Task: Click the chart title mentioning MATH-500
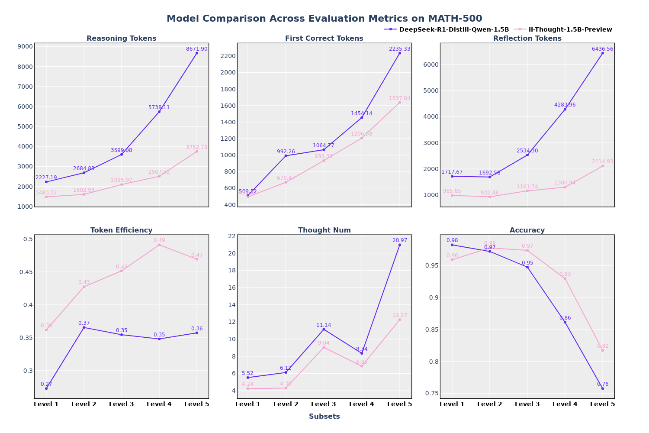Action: tap(324, 19)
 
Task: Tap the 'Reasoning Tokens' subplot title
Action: tap(121, 39)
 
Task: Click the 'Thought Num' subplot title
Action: tap(324, 230)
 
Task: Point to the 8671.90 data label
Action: tap(196, 49)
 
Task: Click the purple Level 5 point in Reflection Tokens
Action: tap(602, 53)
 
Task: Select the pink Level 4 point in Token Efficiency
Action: tap(159, 245)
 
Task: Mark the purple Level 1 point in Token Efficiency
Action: tap(46, 388)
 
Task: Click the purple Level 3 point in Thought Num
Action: tap(324, 330)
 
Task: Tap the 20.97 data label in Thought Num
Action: tap(399, 240)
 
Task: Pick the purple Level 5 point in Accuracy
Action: tap(602, 388)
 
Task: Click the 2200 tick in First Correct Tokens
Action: tap(228, 56)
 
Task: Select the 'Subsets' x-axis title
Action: tap(324, 417)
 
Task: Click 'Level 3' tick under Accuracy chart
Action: tap(527, 404)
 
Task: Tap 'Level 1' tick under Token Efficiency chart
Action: tap(46, 404)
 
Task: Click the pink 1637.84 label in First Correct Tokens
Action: tap(399, 98)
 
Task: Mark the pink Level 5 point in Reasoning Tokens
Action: tap(196, 152)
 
